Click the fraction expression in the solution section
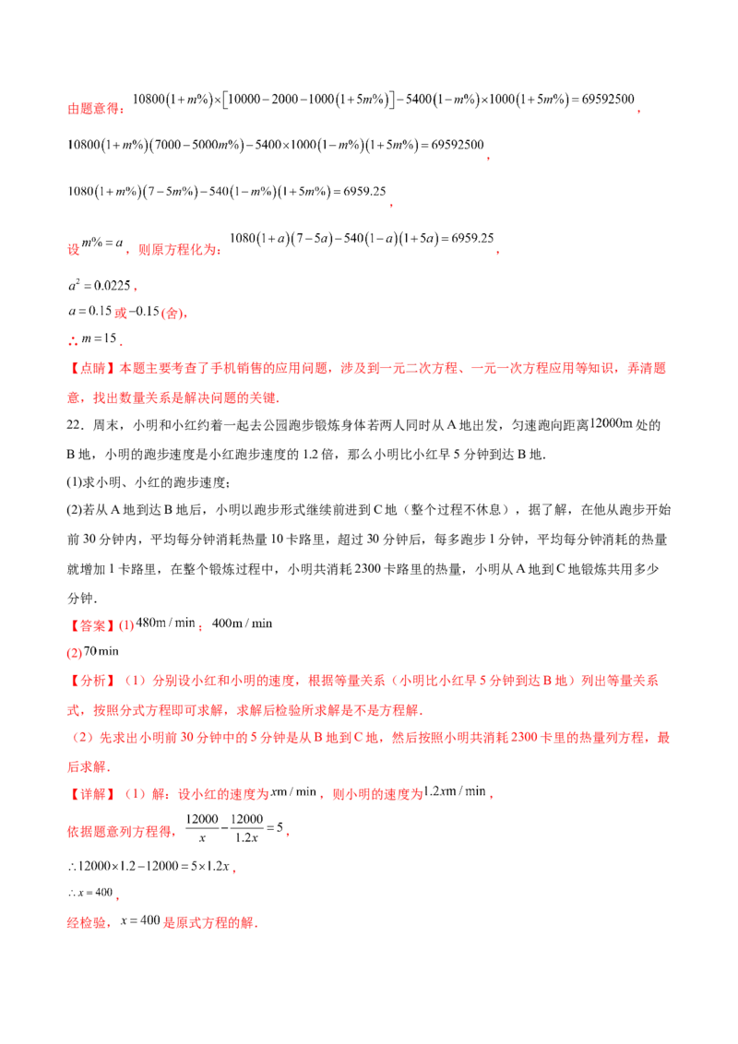pyautogui.click(x=234, y=827)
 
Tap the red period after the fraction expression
pyautogui.click(x=292, y=834)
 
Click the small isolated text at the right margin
pyautogui.click(x=611, y=422)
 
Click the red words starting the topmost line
pyautogui.click(x=95, y=108)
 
